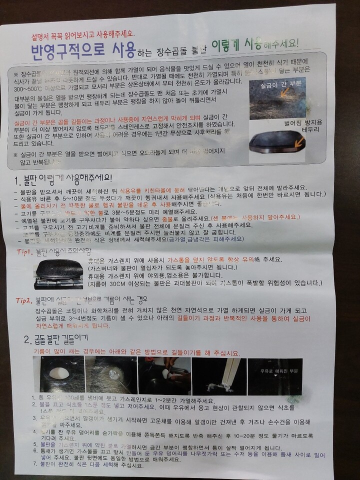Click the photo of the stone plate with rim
(280, 144)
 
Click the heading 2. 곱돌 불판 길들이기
(56, 340)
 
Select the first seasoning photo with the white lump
(58, 375)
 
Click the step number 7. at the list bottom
(35, 464)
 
